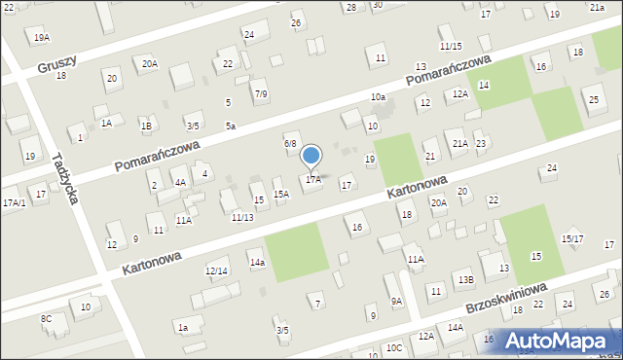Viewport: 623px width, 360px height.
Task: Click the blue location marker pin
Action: pos(311,156)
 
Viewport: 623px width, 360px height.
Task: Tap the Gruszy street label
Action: pos(56,65)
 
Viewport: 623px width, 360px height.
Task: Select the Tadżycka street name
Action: pos(65,177)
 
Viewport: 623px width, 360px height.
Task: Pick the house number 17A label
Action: pos(312,179)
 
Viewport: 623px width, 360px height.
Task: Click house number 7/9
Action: pos(260,93)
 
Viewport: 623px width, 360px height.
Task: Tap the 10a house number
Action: pos(378,97)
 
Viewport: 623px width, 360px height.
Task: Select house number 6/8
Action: pos(289,143)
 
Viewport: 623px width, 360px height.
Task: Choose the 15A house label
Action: pos(280,195)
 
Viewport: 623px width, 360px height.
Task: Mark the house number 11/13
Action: pos(242,216)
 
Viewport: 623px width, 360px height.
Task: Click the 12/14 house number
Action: pos(216,270)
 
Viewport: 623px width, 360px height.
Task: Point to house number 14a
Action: pos(256,263)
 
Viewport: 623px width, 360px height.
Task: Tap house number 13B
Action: pos(466,280)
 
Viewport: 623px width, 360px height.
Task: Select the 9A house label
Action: pos(396,302)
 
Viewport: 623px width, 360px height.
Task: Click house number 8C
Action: pos(46,318)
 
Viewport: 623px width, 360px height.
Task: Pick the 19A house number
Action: pos(41,38)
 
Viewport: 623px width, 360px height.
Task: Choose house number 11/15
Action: pos(450,46)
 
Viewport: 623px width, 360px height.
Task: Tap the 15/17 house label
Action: pos(572,238)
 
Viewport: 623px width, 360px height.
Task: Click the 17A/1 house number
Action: pos(14,202)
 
